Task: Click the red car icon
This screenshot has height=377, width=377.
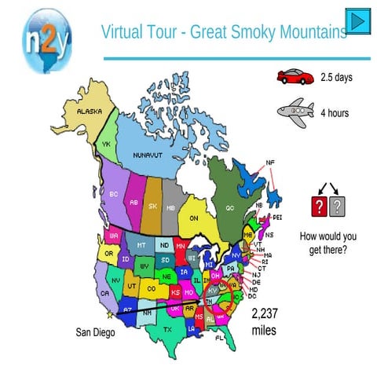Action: [x=295, y=76]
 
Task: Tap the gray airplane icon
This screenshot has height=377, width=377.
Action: [x=295, y=112]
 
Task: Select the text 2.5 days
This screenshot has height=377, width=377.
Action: [x=337, y=77]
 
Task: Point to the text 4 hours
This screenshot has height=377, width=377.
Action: [x=335, y=113]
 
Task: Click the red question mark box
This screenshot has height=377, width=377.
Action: [x=319, y=207]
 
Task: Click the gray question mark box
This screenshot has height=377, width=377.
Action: [x=338, y=207]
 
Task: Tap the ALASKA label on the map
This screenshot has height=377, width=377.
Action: [x=89, y=112]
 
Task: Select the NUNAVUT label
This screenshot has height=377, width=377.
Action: [x=147, y=155]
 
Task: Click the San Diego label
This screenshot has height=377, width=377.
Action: [x=95, y=332]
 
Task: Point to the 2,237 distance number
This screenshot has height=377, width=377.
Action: [x=265, y=314]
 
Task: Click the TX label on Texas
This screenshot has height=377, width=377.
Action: [x=167, y=330]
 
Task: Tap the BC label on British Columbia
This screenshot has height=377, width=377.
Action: [x=114, y=193]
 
